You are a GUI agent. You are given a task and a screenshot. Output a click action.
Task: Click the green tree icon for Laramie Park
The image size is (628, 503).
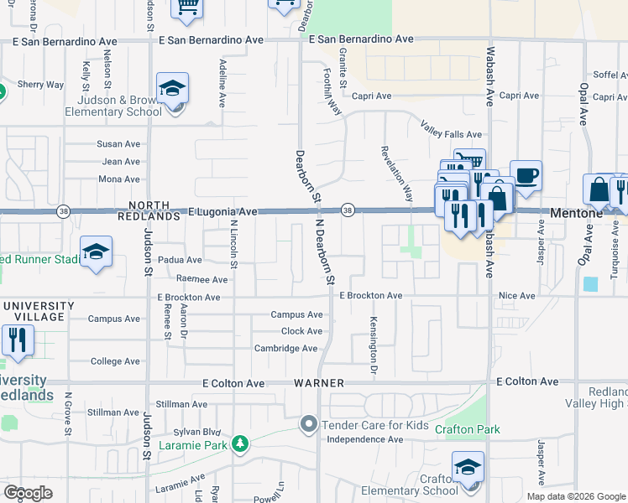tap(241, 443)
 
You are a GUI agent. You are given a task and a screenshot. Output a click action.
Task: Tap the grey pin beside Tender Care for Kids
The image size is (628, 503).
tap(310, 425)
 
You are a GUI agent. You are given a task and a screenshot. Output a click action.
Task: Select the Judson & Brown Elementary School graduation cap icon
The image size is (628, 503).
tap(172, 89)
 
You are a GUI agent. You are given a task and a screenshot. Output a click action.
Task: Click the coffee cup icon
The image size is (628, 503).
tap(526, 176)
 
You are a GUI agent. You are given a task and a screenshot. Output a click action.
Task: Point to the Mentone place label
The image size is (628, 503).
tap(577, 214)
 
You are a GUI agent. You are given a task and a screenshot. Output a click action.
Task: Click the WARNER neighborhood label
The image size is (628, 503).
tap(319, 383)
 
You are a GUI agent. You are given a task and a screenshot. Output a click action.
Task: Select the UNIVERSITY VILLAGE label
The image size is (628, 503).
tap(34, 311)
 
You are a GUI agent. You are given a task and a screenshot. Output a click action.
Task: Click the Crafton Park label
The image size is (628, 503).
tap(467, 429)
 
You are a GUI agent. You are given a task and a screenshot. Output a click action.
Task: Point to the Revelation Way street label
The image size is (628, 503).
tap(397, 175)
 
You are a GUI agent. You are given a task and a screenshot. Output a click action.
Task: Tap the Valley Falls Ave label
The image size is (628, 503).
tap(451, 134)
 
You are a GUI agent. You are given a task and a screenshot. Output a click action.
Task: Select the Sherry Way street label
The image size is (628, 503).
tap(40, 85)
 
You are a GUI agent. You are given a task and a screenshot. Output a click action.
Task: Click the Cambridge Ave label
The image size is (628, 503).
tap(286, 349)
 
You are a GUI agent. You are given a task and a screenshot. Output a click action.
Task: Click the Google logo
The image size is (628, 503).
tap(28, 493)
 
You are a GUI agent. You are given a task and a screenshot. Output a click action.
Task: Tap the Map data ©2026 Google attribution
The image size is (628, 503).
tap(575, 496)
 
